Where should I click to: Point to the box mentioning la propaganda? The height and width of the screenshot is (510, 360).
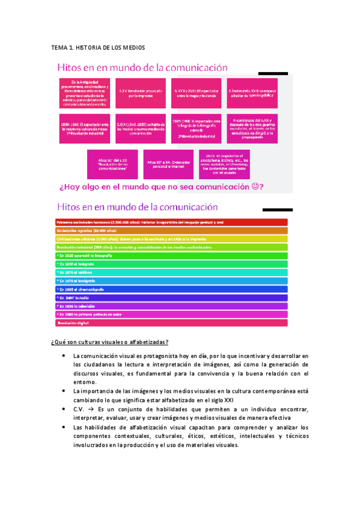252,127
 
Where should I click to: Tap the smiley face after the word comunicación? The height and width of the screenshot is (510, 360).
258,187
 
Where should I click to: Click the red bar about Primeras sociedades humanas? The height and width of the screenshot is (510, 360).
172,222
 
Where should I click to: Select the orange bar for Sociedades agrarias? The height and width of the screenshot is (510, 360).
172,230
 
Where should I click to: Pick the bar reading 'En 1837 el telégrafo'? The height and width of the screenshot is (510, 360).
172,263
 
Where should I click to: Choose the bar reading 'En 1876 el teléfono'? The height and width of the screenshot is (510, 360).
172,272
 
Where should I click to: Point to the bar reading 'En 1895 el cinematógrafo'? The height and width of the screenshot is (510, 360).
172,289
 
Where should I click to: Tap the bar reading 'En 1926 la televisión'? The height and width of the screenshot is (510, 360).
172,306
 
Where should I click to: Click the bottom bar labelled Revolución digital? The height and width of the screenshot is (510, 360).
172,322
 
